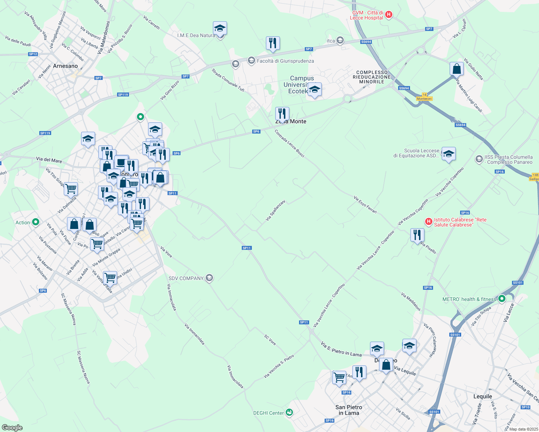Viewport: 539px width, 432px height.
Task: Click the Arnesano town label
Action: click(65, 66)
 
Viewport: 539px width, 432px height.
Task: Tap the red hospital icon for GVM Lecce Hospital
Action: click(388, 15)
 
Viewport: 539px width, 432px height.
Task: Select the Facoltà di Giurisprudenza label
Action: click(285, 61)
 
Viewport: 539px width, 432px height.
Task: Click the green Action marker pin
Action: click(35, 222)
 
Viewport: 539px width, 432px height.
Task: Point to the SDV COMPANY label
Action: click(186, 278)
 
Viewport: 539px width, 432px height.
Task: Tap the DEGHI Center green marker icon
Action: click(289, 413)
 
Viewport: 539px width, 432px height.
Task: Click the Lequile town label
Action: click(482, 396)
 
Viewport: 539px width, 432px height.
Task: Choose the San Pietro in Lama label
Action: click(349, 410)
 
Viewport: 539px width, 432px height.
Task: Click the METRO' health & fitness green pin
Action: click(502, 299)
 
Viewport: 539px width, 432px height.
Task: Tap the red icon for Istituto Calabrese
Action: click(428, 221)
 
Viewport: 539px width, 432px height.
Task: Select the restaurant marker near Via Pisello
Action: click(417, 235)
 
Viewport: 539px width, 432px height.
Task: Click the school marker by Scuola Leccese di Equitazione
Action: click(448, 154)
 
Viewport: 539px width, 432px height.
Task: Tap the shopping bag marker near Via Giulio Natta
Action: click(456, 69)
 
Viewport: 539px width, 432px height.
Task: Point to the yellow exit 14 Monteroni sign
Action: click(424, 97)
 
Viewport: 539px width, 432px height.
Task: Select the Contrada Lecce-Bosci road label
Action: click(289, 143)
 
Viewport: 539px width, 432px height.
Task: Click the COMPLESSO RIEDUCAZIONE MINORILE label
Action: click(372, 77)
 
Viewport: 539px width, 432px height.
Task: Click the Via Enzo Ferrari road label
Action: click(365, 204)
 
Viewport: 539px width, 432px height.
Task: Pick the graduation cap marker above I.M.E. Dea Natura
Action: click(220, 28)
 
